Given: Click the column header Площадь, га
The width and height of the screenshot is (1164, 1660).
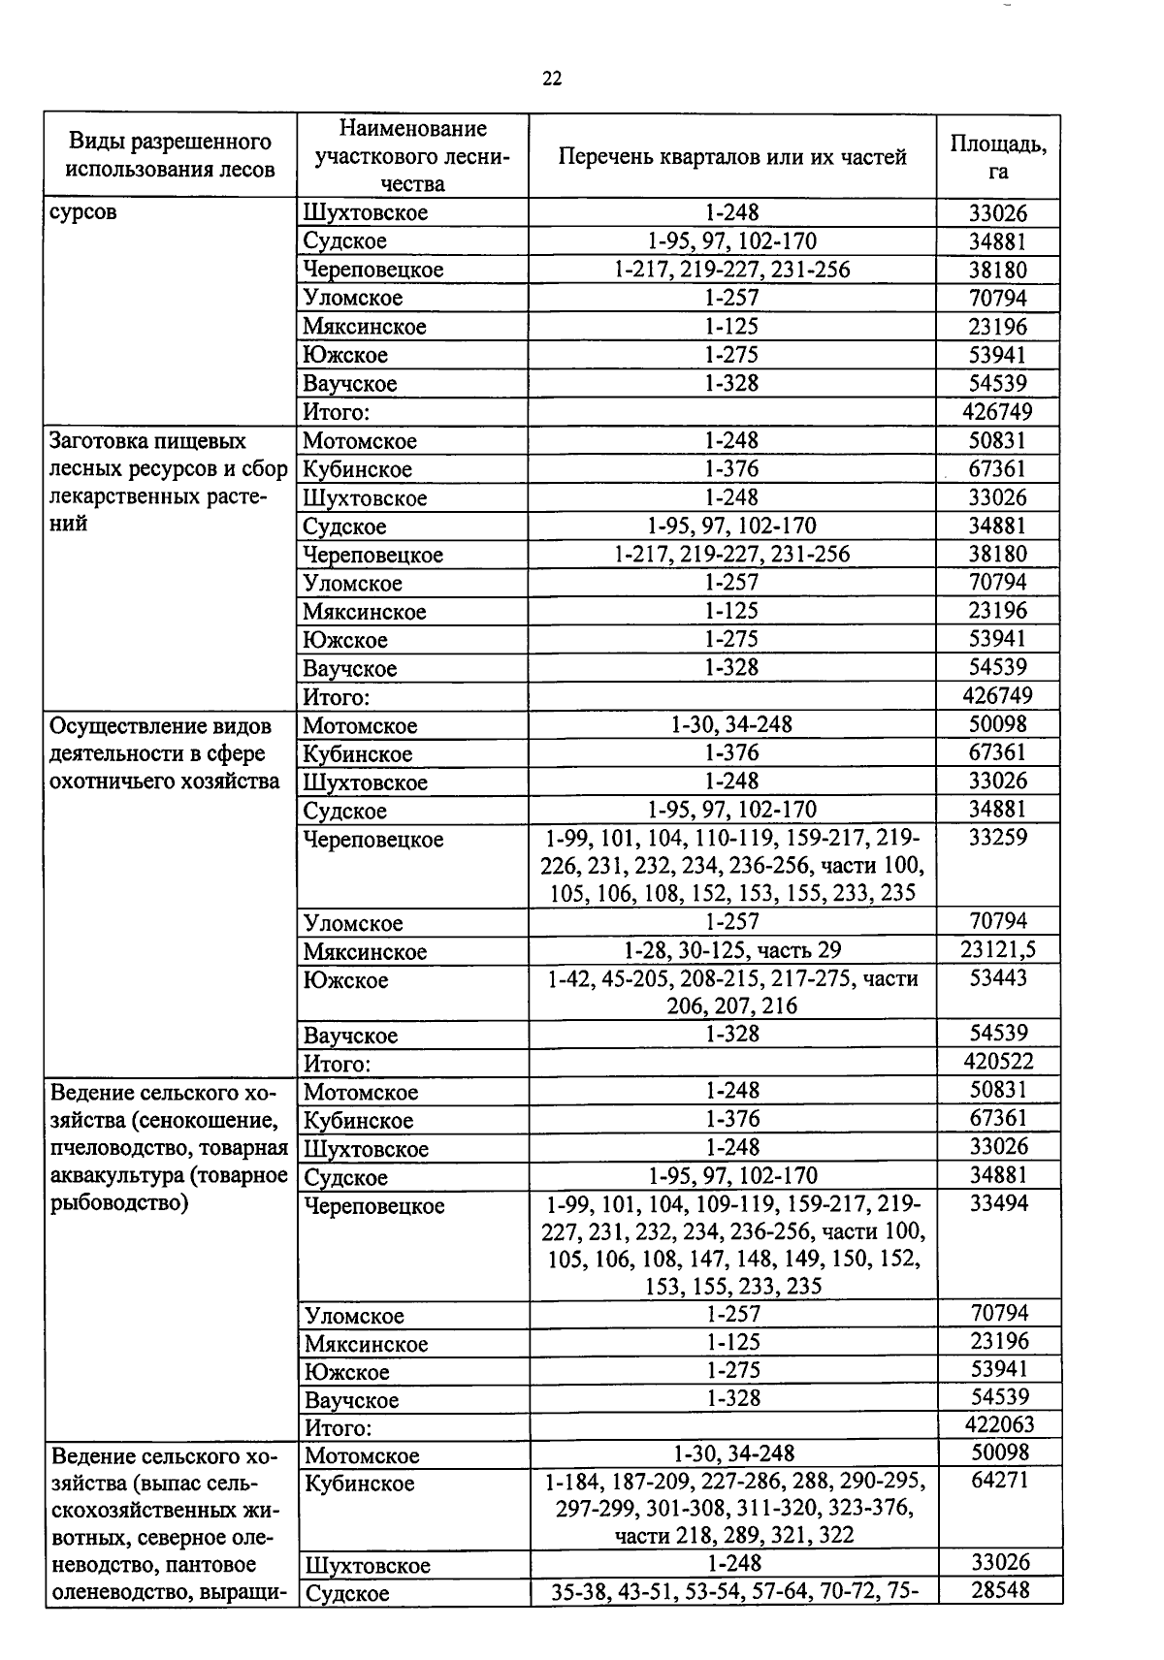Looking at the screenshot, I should (998, 156).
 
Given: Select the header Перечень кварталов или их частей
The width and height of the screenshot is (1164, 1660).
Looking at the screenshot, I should (732, 156).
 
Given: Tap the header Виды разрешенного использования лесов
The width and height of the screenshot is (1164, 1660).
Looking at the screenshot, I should (170, 156).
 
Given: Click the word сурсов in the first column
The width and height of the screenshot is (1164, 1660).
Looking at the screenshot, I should (83, 212).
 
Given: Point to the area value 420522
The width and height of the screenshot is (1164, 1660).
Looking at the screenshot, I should (998, 1062).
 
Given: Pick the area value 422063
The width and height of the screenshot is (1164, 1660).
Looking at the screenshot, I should (999, 1424).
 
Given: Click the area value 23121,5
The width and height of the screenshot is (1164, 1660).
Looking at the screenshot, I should (998, 949).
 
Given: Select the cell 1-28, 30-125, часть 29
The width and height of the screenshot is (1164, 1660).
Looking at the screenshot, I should (732, 950).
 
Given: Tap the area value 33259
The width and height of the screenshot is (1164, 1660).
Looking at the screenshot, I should (998, 837).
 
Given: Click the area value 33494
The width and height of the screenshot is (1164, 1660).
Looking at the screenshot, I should (999, 1203).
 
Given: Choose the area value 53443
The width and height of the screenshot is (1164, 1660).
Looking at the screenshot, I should (998, 977).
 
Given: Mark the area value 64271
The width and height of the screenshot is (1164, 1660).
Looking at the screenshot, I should (999, 1481).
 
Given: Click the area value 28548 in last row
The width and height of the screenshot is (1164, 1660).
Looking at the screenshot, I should (999, 1589).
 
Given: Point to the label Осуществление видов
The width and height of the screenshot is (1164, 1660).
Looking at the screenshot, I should (160, 726).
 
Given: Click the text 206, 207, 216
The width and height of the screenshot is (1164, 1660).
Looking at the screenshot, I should (732, 1006).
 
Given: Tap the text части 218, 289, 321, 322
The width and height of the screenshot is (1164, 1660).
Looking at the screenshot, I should (734, 1535).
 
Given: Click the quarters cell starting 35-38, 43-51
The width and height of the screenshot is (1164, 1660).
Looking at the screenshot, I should (734, 1591).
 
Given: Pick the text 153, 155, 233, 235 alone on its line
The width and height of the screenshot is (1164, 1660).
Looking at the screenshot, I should (733, 1287).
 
